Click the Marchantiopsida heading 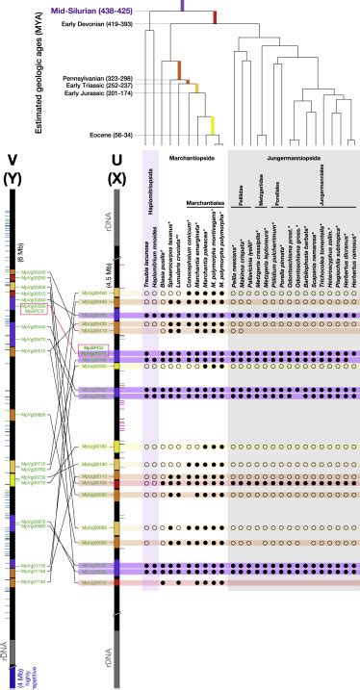pyautogui.click(x=193, y=156)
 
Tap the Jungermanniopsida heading pyautogui.click(x=293, y=156)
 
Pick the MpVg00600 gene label pyautogui.click(x=34, y=415)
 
